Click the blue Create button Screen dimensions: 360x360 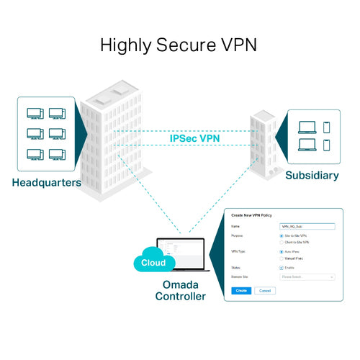pyautogui.click(x=241, y=290)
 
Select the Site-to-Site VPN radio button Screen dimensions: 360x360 pyautogui.click(x=281, y=235)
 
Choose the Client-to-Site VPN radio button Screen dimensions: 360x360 pyautogui.click(x=281, y=242)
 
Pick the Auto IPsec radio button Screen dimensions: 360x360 pyautogui.click(x=281, y=251)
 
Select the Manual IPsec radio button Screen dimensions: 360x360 pyautogui.click(x=281, y=258)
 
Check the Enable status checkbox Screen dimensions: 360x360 pyautogui.click(x=281, y=267)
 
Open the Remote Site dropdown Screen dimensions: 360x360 pyautogui.click(x=307, y=276)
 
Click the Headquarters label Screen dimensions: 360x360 pyautogui.click(x=46, y=182)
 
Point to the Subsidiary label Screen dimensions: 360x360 pyautogui.click(x=312, y=175)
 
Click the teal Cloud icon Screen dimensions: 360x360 pyautogui.click(x=153, y=262)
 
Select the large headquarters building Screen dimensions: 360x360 pyautogui.click(x=115, y=137)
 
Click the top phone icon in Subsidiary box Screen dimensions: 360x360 pyautogui.click(x=326, y=127)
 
